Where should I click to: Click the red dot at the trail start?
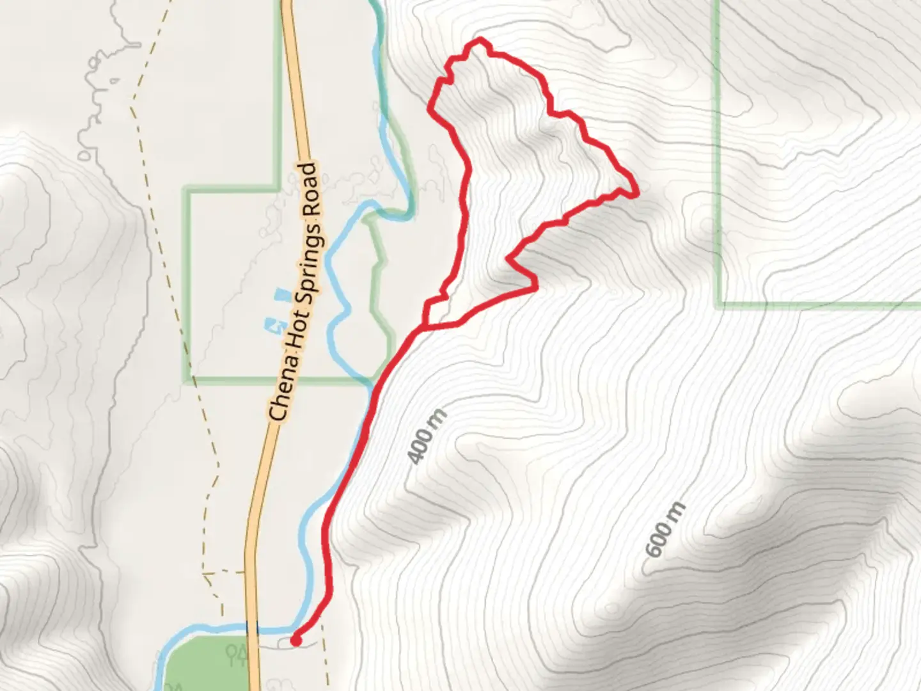(x=296, y=639)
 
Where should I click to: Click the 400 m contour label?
(x=427, y=437)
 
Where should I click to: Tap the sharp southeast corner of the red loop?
(x=535, y=288)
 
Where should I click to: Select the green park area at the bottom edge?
(x=205, y=665)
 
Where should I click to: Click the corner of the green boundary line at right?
(x=720, y=304)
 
